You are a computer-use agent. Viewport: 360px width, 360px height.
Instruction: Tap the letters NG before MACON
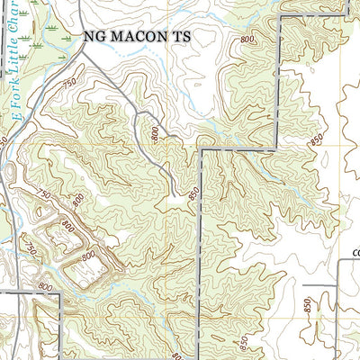(94, 38)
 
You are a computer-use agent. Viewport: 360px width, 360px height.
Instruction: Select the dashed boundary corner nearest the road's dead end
(201, 149)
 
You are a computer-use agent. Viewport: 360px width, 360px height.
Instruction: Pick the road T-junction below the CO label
(337, 287)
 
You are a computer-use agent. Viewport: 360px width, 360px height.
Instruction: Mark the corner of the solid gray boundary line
(58, 293)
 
